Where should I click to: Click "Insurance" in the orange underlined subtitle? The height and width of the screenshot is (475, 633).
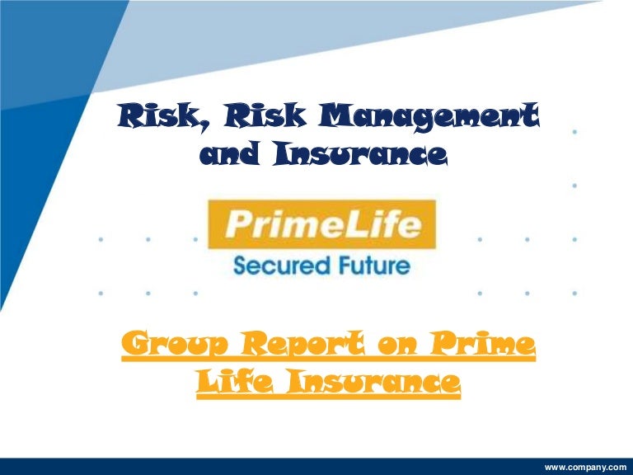[367, 384]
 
